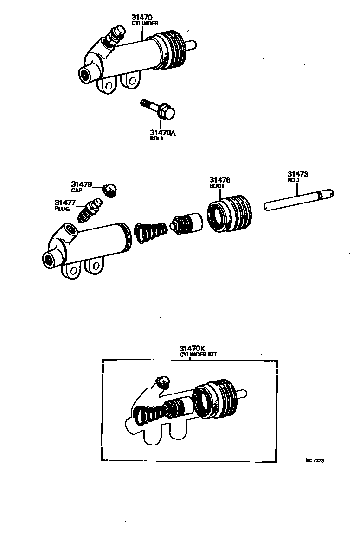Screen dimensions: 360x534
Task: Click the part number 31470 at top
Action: (x=143, y=17)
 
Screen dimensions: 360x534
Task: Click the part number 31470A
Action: (x=163, y=133)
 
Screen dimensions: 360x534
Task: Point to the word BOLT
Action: (x=157, y=139)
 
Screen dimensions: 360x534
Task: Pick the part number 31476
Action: (x=220, y=180)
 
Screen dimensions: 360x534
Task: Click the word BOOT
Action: (x=217, y=186)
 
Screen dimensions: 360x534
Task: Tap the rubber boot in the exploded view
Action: (x=231, y=213)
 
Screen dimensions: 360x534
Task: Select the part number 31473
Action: (x=298, y=174)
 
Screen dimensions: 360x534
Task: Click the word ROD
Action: (x=294, y=180)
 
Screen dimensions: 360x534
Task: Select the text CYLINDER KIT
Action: (x=198, y=354)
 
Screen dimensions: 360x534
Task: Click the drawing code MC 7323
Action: (x=314, y=460)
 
